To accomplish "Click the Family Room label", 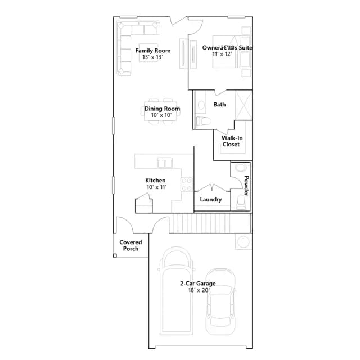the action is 153,51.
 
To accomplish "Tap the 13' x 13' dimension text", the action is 152,57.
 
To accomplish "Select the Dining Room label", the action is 162,109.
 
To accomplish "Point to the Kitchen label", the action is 155,181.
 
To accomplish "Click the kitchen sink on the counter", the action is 165,163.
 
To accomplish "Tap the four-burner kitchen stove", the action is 187,185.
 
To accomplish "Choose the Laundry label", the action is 211,200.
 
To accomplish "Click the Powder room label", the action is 246,186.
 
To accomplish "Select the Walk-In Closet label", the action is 232,141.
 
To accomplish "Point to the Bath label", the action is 219,105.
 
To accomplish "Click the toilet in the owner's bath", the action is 204,121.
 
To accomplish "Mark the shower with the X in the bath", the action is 244,105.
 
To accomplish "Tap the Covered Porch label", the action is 130,245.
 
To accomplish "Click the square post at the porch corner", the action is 115,255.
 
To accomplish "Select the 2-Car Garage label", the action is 197,283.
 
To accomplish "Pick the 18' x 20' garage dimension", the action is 199,290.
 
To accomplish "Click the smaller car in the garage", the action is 220,302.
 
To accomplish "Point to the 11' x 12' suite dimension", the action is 222,54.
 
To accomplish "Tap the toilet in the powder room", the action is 241,202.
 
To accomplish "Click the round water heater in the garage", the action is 244,241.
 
